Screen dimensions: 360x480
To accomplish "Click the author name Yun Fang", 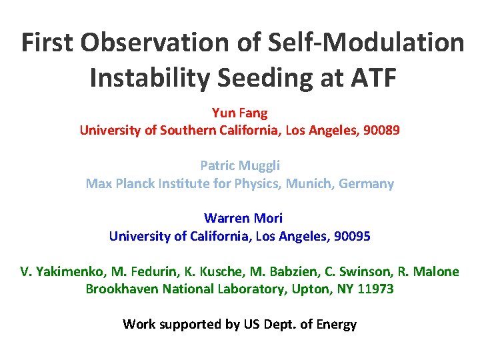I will (x=239, y=113).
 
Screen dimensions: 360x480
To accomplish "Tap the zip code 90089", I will (x=381, y=130).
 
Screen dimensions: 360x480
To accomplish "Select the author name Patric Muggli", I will (x=239, y=165).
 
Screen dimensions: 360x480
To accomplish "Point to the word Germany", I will (x=366, y=183).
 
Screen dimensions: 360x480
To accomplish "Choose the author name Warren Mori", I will (x=243, y=218).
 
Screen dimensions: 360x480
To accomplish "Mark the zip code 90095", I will (x=352, y=235).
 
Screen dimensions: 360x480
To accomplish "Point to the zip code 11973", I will (x=375, y=289).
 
